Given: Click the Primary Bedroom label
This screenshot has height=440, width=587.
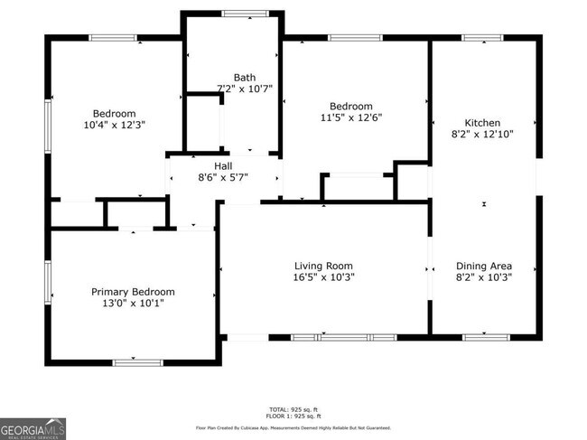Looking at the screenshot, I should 133,292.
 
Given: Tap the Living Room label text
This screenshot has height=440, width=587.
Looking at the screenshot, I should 324,266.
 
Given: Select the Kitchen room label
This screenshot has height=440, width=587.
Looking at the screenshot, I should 482,123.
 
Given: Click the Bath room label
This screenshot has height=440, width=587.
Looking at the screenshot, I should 244,78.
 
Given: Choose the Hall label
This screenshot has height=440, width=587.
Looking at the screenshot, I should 223,165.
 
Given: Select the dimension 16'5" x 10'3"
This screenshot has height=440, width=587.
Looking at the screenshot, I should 324,277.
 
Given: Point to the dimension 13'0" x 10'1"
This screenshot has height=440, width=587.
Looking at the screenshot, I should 133,304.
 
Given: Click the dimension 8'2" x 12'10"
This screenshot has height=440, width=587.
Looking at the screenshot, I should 482,135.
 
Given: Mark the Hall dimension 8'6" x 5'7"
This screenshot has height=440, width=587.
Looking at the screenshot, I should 223,177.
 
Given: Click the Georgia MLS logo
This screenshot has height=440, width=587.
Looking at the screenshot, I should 33,427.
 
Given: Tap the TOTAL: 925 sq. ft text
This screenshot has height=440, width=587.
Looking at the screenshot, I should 293,408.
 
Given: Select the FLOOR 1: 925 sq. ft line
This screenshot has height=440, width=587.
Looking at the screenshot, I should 293,416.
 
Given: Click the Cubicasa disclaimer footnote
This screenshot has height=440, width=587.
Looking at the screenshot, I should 293,427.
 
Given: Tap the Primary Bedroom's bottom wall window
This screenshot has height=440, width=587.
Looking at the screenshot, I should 137,362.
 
